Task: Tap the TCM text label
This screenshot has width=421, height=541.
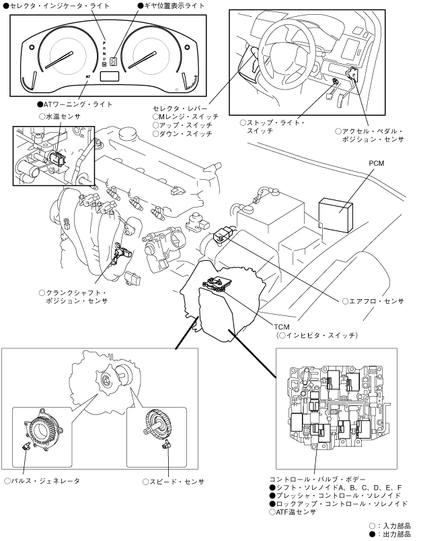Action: click(x=282, y=325)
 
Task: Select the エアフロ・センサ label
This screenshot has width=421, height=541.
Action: click(x=373, y=301)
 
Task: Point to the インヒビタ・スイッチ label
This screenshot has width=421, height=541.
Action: click(x=317, y=334)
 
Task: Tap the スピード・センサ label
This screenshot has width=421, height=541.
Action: click(x=172, y=481)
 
